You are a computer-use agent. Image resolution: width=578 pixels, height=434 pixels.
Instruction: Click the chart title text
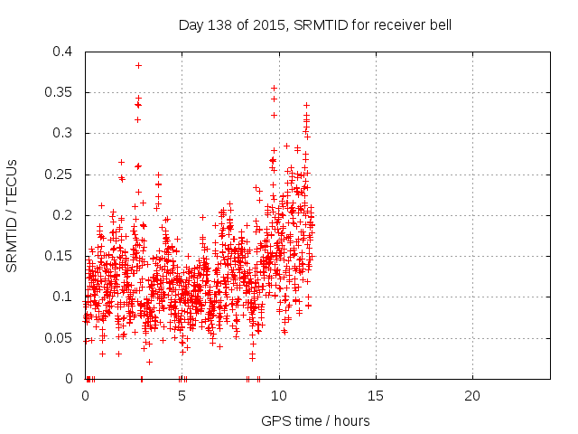pyautogui.click(x=315, y=24)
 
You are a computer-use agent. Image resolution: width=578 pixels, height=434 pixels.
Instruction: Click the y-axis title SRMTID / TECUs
pyautogui.click(x=13, y=215)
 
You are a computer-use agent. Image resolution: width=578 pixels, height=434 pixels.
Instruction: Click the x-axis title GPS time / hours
pyautogui.click(x=315, y=420)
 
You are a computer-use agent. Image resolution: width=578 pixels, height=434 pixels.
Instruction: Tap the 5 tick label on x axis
pyautogui.click(x=182, y=395)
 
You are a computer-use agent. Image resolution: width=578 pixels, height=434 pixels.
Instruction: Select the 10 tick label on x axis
pyautogui.click(x=279, y=395)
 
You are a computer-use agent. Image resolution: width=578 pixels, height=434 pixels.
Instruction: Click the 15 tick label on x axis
pyautogui.click(x=376, y=395)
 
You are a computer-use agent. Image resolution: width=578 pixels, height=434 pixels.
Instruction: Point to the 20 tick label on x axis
pyautogui.click(x=472, y=395)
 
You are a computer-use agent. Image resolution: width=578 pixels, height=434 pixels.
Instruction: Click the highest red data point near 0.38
pyautogui.click(x=138, y=65)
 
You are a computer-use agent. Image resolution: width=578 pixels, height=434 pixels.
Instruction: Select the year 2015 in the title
pyautogui.click(x=266, y=24)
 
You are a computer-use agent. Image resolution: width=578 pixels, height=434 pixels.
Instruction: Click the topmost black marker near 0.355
pyautogui.click(x=274, y=89)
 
